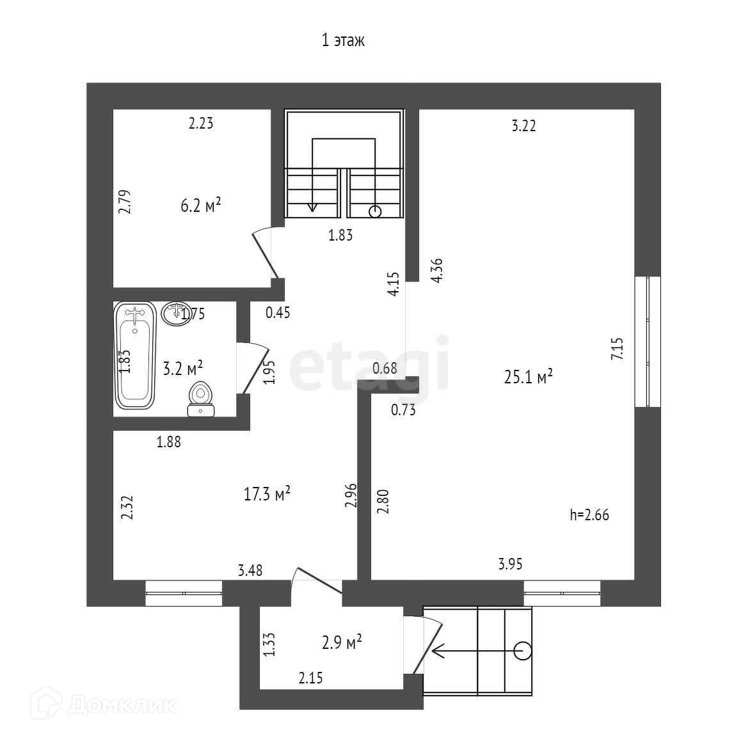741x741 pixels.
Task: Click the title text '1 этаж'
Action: click(x=343, y=42)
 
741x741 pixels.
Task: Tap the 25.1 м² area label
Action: click(x=529, y=377)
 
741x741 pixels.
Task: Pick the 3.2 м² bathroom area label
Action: click(x=183, y=367)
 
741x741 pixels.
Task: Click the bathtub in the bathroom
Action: click(x=135, y=355)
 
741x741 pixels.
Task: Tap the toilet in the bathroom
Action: click(x=201, y=398)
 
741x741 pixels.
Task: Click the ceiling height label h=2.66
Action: click(x=589, y=514)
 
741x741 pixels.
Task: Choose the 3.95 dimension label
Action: click(x=511, y=564)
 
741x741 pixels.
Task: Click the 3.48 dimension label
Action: click(x=250, y=569)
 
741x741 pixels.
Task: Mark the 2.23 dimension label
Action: click(x=200, y=124)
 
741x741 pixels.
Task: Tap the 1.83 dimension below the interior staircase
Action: click(x=340, y=235)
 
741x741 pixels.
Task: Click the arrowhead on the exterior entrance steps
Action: click(x=437, y=651)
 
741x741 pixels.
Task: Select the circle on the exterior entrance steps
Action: click(x=523, y=651)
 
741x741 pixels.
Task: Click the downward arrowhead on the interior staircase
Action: click(x=312, y=207)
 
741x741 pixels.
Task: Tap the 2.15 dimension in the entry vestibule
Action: click(x=310, y=678)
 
